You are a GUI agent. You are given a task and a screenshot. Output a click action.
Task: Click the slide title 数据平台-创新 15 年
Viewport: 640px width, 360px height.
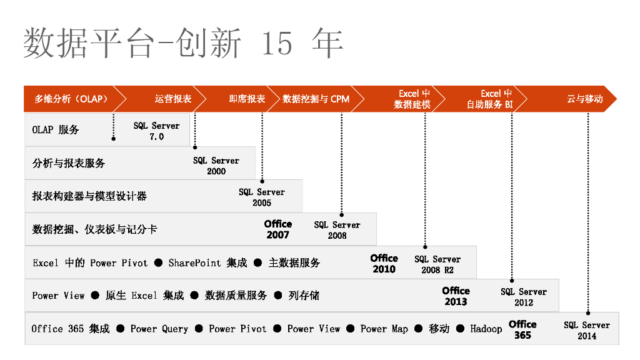click(182, 43)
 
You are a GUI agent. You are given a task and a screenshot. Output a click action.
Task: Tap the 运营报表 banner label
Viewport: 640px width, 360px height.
click(173, 99)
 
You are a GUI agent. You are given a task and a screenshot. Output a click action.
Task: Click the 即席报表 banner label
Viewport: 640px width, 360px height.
click(247, 99)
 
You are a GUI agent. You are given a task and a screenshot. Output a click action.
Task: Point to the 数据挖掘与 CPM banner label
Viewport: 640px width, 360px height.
click(316, 99)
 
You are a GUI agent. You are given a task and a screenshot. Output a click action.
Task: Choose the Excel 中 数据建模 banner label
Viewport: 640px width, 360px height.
click(412, 99)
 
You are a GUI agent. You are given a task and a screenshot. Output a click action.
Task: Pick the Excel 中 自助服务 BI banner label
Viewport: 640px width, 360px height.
click(490, 99)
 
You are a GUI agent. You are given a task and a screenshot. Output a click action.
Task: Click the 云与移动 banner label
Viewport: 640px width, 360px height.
click(584, 99)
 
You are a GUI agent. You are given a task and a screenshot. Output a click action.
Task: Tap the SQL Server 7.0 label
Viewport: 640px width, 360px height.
click(156, 131)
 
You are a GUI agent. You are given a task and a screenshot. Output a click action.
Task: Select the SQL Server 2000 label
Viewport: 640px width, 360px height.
click(216, 166)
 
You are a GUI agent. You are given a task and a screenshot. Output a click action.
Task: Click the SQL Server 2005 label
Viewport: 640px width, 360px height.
click(262, 197)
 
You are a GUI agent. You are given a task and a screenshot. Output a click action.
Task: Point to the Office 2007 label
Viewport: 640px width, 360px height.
click(278, 229)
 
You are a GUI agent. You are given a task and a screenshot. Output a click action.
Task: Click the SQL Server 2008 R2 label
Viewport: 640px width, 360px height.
click(437, 264)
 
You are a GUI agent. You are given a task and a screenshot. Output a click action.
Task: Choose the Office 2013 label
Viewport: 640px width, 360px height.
click(456, 296)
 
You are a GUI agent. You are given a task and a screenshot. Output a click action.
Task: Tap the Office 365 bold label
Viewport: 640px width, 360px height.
click(522, 329)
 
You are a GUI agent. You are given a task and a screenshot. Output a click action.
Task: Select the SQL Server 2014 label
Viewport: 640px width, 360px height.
click(587, 331)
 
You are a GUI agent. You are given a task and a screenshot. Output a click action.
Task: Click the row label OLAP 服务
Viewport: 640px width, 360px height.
click(56, 130)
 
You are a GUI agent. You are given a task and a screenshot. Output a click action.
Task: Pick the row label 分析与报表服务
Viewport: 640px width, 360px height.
click(69, 163)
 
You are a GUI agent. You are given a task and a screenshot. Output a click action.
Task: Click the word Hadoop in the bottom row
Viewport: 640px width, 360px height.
click(486, 329)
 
